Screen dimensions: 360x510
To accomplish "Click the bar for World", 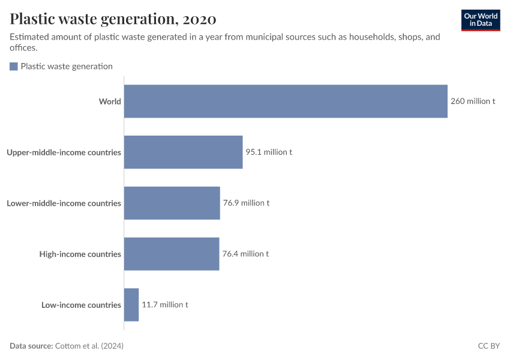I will pyautogui.click(x=286, y=101).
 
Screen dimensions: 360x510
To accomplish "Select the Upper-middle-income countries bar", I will pyautogui.click(x=183, y=152).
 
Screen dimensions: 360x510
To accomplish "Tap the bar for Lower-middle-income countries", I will pyautogui.click(x=172, y=203).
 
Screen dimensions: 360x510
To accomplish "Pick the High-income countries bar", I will pyautogui.click(x=172, y=254).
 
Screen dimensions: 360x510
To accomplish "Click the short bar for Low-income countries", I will pyautogui.click(x=131, y=305).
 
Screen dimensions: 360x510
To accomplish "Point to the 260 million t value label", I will pyautogui.click(x=473, y=101).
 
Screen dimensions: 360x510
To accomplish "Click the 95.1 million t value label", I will pyautogui.click(x=268, y=152).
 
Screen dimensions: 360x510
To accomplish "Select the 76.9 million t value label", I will pyautogui.click(x=246, y=203).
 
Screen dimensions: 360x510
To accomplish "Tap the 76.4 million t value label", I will pyautogui.click(x=245, y=254).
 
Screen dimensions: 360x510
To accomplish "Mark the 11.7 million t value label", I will pyautogui.click(x=165, y=305).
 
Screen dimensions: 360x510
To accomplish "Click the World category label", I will pyautogui.click(x=110, y=101).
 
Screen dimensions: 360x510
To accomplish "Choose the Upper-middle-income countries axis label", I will pyautogui.click(x=64, y=152).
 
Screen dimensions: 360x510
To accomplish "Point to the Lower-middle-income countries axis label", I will pyautogui.click(x=64, y=203).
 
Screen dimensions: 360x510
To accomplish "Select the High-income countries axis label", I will pyautogui.click(x=80, y=254).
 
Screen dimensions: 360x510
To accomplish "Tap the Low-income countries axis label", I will pyautogui.click(x=81, y=305).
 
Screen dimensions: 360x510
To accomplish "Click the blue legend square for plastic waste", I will pyautogui.click(x=14, y=67).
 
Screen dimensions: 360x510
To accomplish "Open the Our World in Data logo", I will pyautogui.click(x=480, y=20).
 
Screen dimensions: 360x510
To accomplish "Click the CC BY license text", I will pyautogui.click(x=488, y=346).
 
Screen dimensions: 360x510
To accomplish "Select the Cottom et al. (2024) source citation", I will pyautogui.click(x=89, y=346).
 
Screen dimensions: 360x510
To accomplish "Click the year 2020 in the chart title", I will pyautogui.click(x=199, y=19).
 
